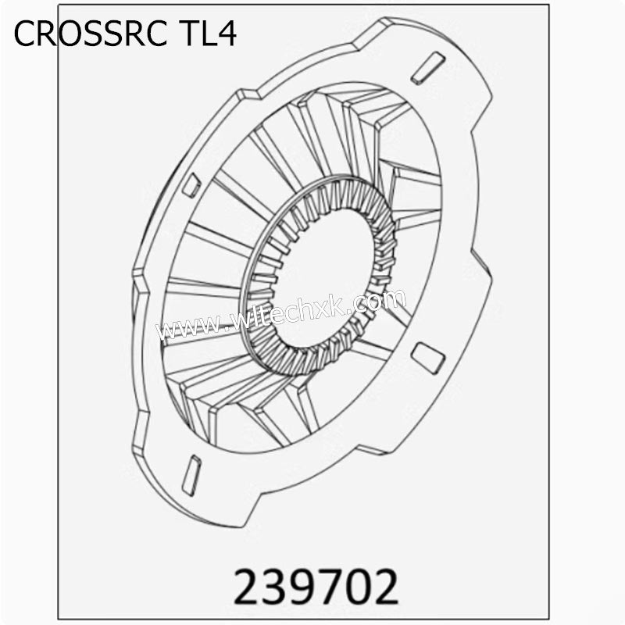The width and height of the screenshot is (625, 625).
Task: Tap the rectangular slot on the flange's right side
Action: pyautogui.click(x=427, y=356)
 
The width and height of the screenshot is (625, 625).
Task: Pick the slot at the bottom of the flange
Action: pyautogui.click(x=191, y=474)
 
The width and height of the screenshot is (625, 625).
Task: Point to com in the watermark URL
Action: pyautogui.click(x=383, y=299)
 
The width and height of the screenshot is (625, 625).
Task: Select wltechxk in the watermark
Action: pyautogui.click(x=293, y=312)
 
